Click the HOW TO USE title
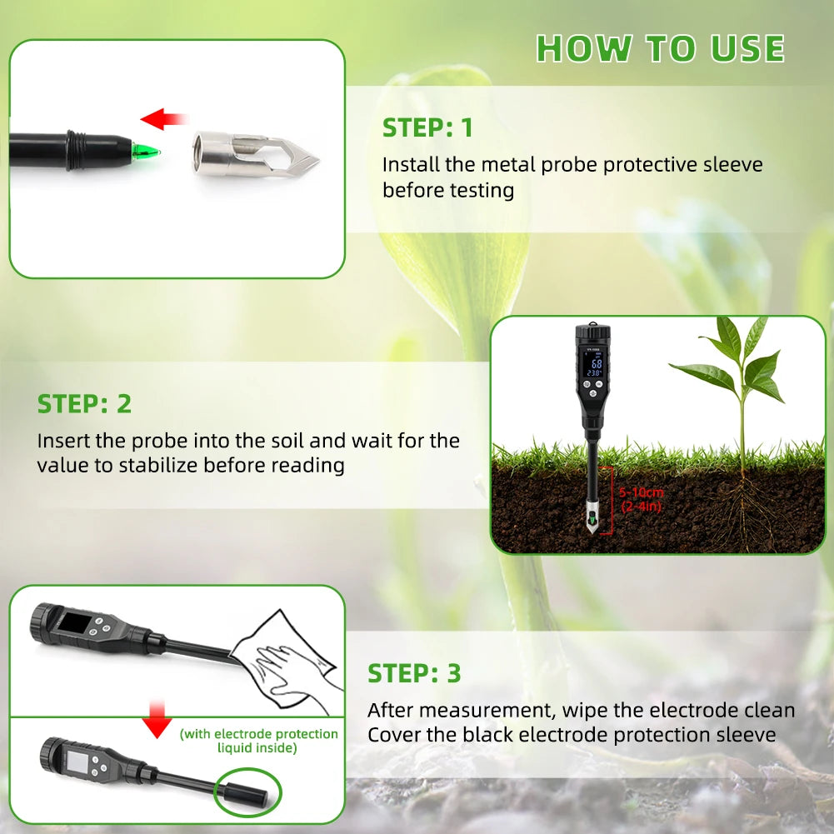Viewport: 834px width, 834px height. [660, 48]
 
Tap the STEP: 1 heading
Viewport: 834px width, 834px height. [427, 127]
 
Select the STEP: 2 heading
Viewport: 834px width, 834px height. [84, 404]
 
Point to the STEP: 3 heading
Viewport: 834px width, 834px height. [414, 673]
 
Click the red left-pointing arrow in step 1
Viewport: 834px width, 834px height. [163, 120]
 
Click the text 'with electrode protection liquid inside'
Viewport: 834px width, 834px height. [258, 741]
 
